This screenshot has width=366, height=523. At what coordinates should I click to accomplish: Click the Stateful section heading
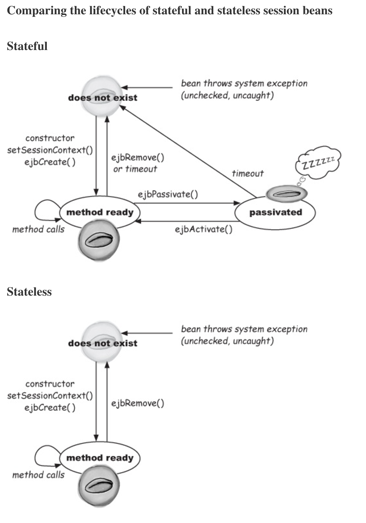tap(27, 46)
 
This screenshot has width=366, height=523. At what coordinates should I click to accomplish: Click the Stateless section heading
tap(29, 292)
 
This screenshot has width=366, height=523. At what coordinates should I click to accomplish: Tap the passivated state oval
tap(275, 213)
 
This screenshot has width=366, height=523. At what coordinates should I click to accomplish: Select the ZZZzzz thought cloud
tap(318, 162)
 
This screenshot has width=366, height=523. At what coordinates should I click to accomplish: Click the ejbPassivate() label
tap(168, 194)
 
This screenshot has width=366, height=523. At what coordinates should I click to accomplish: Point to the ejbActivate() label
tap(203, 229)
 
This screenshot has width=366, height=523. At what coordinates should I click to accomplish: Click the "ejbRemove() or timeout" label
tap(137, 163)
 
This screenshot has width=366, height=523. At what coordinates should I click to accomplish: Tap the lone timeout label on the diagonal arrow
tap(248, 173)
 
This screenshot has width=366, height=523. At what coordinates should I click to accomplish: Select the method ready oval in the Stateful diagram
tap(100, 212)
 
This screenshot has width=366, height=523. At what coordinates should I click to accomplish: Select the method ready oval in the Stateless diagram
tap(100, 458)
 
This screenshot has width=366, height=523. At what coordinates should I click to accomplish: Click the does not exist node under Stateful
tap(102, 96)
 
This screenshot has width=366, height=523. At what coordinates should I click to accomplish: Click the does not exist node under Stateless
tap(102, 342)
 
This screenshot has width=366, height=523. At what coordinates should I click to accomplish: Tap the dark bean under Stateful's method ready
tap(99, 241)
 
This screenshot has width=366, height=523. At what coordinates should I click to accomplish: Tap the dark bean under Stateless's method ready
tap(99, 487)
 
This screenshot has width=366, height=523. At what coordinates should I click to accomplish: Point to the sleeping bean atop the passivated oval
tap(287, 193)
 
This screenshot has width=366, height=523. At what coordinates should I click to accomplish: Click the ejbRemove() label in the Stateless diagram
tap(137, 403)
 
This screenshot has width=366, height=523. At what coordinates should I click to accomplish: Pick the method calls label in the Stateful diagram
tap(38, 230)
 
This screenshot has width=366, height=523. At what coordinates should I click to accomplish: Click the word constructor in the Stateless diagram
tap(50, 384)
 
